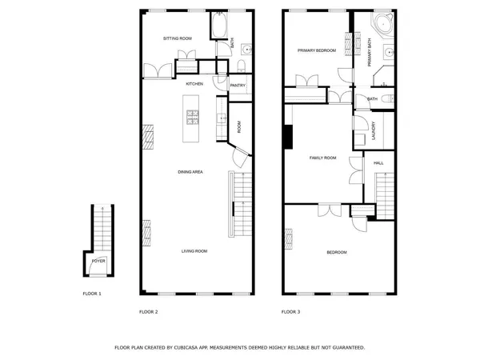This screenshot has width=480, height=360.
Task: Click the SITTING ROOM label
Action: pos(177,38)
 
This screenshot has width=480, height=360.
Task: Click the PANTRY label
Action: pos(238,85)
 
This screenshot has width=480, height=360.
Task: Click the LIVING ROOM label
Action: pos(194,252)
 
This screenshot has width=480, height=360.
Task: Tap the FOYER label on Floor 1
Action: pos(98,261)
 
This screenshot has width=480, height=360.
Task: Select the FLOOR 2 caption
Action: pos(149,311)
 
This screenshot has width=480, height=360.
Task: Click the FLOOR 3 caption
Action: pos(290,311)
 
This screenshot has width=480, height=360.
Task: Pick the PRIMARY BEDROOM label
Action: pos(316,50)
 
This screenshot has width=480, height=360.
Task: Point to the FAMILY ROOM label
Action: pos(323,158)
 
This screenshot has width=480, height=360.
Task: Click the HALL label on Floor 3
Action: pos(378,163)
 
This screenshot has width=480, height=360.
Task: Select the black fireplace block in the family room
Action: pos(286,137)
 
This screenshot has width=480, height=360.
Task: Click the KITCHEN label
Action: pos(194,83)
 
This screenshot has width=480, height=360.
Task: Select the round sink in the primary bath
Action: pos(389,54)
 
